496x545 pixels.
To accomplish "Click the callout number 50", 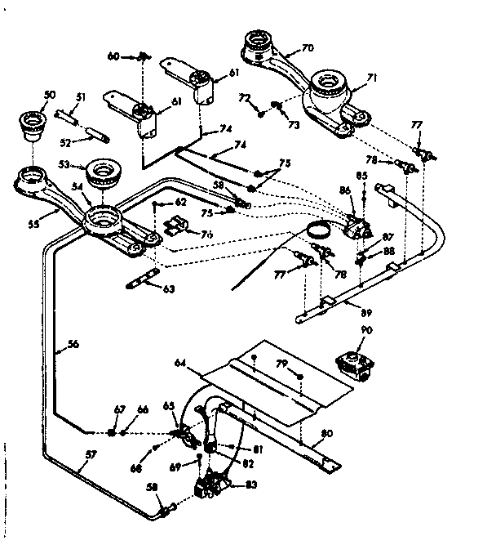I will coord(49,96).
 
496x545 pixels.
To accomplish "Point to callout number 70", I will coord(308,48).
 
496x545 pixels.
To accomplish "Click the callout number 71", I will coord(371,78).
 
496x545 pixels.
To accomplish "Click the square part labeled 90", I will coord(356,362).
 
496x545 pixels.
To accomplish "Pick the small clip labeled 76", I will coord(177,228).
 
